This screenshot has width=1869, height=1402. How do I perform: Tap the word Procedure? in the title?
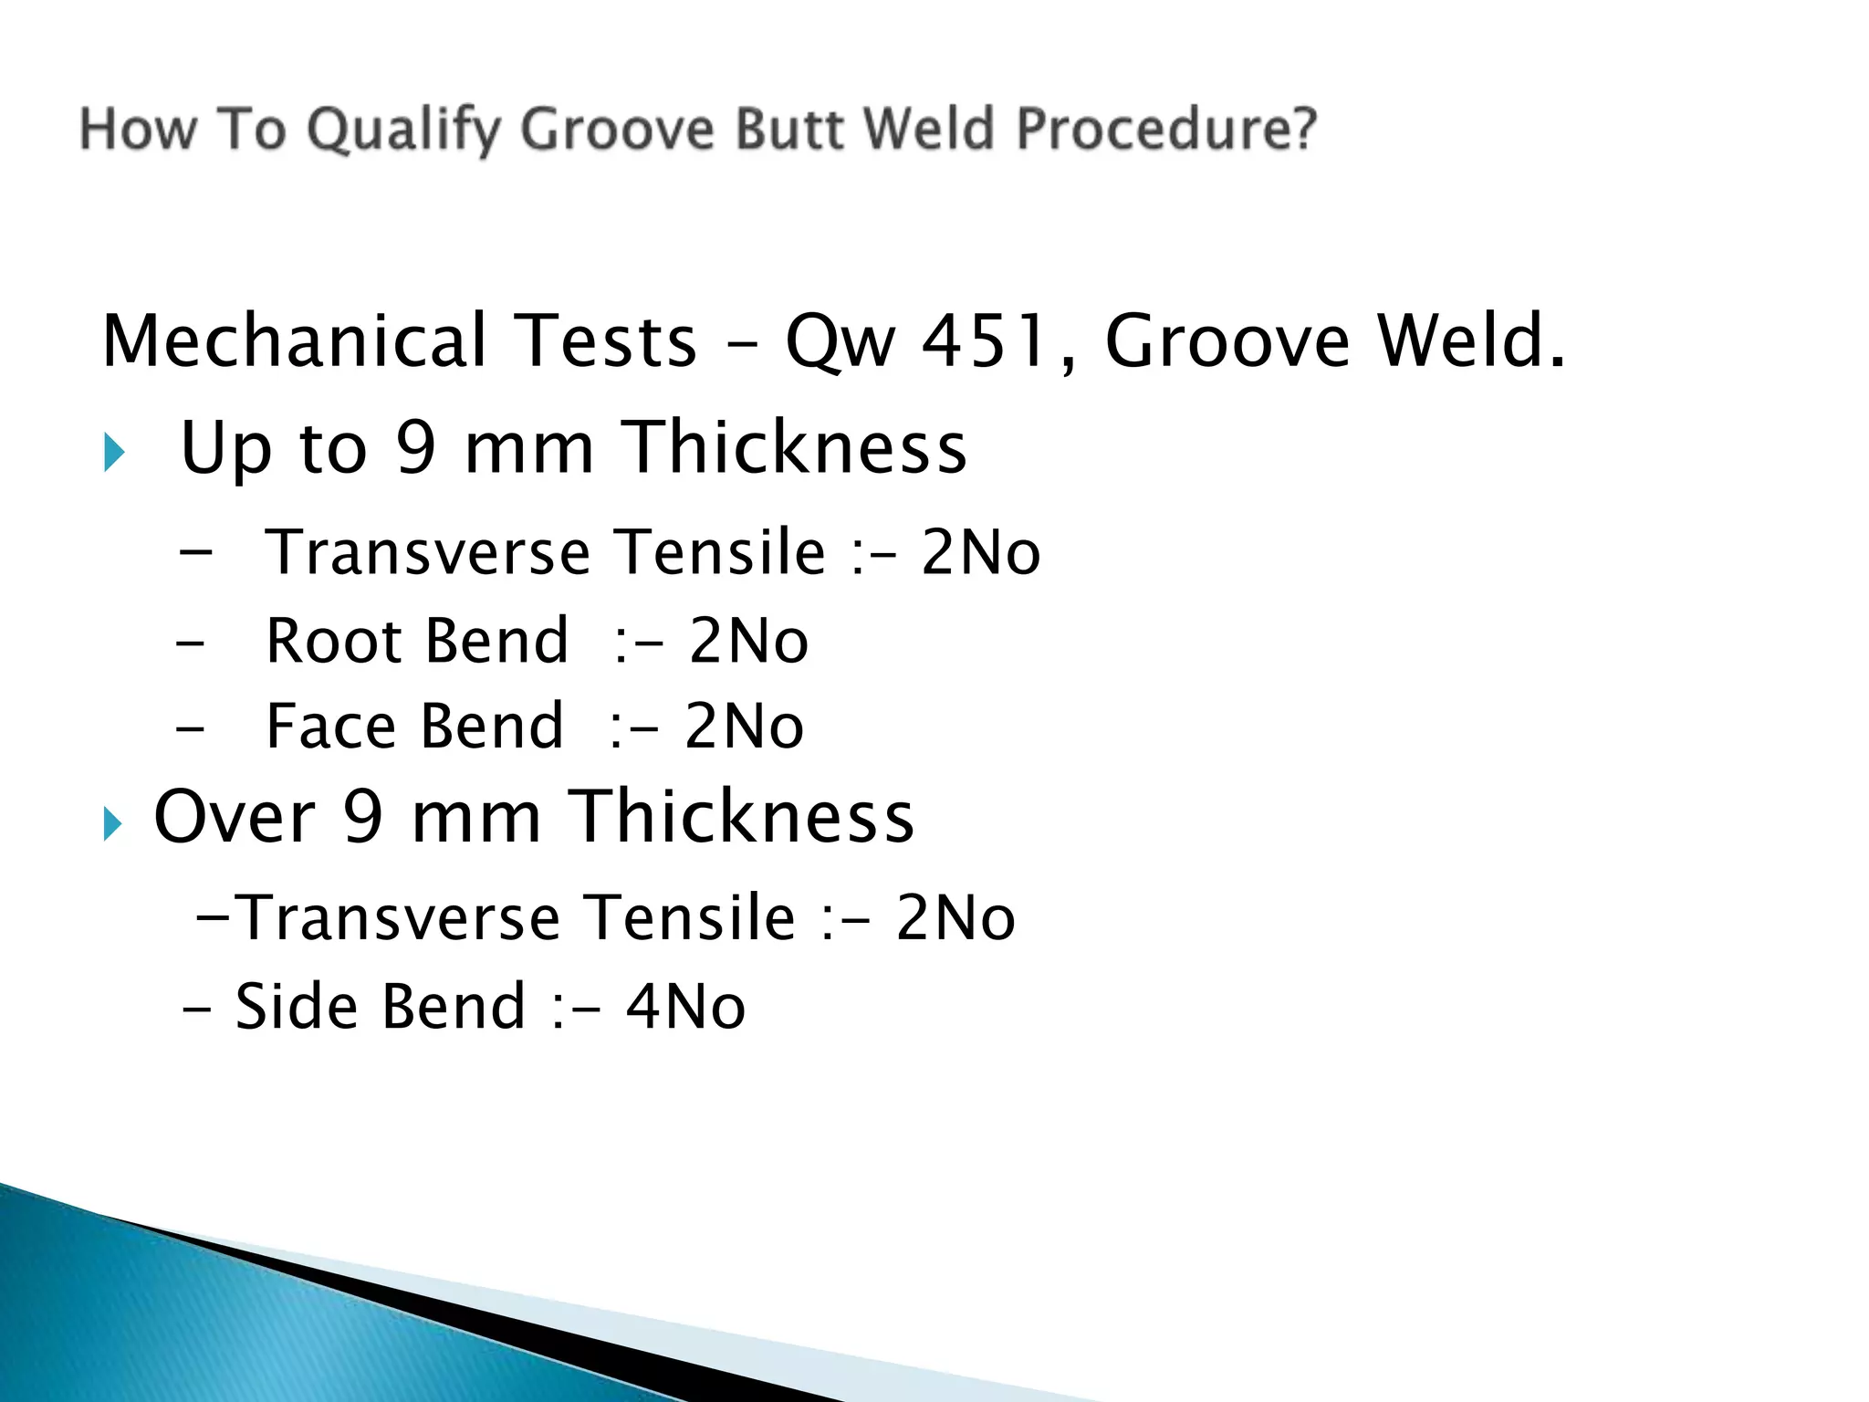[1167, 129]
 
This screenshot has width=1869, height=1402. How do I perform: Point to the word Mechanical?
[295, 341]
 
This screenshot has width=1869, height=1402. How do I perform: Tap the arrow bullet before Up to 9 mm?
[114, 452]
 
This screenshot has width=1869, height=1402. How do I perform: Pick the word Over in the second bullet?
[234, 817]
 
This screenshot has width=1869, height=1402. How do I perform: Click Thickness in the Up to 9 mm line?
[793, 447]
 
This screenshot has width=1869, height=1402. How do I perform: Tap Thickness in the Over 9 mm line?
[741, 817]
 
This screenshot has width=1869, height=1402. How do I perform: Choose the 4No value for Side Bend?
[685, 1007]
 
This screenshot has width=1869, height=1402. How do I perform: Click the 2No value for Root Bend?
[748, 641]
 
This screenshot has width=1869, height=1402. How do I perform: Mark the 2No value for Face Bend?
[744, 727]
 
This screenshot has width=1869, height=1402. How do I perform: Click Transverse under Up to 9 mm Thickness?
[428, 553]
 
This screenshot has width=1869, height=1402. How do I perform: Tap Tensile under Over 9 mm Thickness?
[690, 918]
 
